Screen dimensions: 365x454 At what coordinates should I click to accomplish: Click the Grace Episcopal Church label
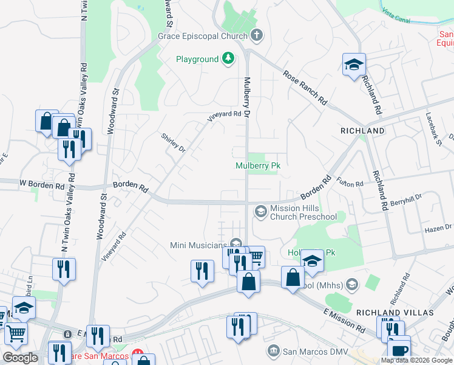[x=203, y=36]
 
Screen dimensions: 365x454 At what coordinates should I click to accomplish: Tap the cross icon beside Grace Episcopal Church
[x=256, y=35]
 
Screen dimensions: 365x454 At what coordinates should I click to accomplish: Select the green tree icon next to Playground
[x=228, y=58]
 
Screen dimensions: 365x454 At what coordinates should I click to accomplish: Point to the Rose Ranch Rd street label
[x=305, y=86]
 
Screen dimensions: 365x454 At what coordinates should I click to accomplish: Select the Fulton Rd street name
[x=350, y=182]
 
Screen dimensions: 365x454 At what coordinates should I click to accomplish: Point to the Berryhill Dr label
[x=405, y=200]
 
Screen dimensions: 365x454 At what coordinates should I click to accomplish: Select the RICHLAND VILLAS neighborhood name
[x=396, y=312]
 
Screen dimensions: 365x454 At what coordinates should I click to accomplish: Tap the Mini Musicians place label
[x=198, y=245]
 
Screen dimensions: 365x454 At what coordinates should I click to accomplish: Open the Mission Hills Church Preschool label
[x=303, y=212]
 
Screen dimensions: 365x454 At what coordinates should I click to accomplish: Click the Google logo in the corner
[x=21, y=358]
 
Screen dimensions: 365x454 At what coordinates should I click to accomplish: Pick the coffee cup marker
[x=399, y=350]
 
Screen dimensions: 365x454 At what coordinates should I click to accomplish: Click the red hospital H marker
[x=137, y=355]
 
